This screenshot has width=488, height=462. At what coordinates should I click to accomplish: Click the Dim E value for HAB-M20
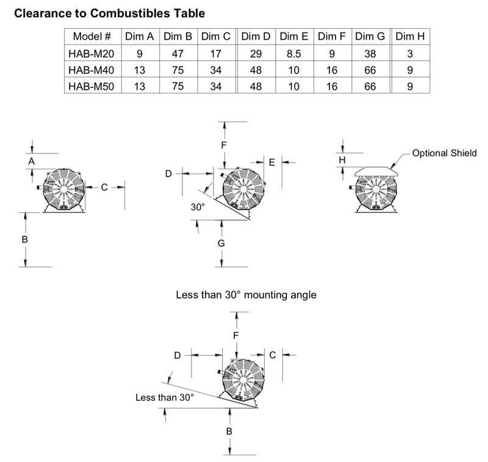point(294,54)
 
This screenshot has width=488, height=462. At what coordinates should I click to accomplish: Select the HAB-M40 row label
point(91,70)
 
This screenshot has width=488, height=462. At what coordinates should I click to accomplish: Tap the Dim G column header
point(370,37)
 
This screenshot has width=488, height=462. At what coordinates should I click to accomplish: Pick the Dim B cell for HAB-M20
point(178,54)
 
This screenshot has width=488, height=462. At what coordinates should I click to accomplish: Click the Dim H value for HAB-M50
point(410,86)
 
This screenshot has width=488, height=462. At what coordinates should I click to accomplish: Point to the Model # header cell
point(92,37)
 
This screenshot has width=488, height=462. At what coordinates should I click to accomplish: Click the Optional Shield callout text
point(444,153)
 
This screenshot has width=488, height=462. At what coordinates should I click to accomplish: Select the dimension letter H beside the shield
point(342,160)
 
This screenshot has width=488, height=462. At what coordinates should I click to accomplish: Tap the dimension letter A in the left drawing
point(32,161)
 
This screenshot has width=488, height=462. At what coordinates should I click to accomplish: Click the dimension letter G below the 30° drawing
point(221,243)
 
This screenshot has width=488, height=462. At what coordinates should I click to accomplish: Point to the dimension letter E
point(272,163)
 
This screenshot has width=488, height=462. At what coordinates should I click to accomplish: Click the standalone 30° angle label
point(198,207)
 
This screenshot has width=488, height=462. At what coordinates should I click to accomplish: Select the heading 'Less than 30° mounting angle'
point(246,295)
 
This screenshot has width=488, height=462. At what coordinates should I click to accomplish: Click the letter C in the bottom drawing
point(272,355)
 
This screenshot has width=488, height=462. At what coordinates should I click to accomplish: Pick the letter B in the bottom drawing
point(229,431)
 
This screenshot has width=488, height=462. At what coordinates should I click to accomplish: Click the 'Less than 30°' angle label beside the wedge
point(165,397)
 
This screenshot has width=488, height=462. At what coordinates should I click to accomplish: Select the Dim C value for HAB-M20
point(216,54)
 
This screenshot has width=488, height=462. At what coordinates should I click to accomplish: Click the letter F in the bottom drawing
point(236,335)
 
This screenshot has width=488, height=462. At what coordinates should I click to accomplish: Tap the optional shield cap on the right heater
point(376,172)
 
